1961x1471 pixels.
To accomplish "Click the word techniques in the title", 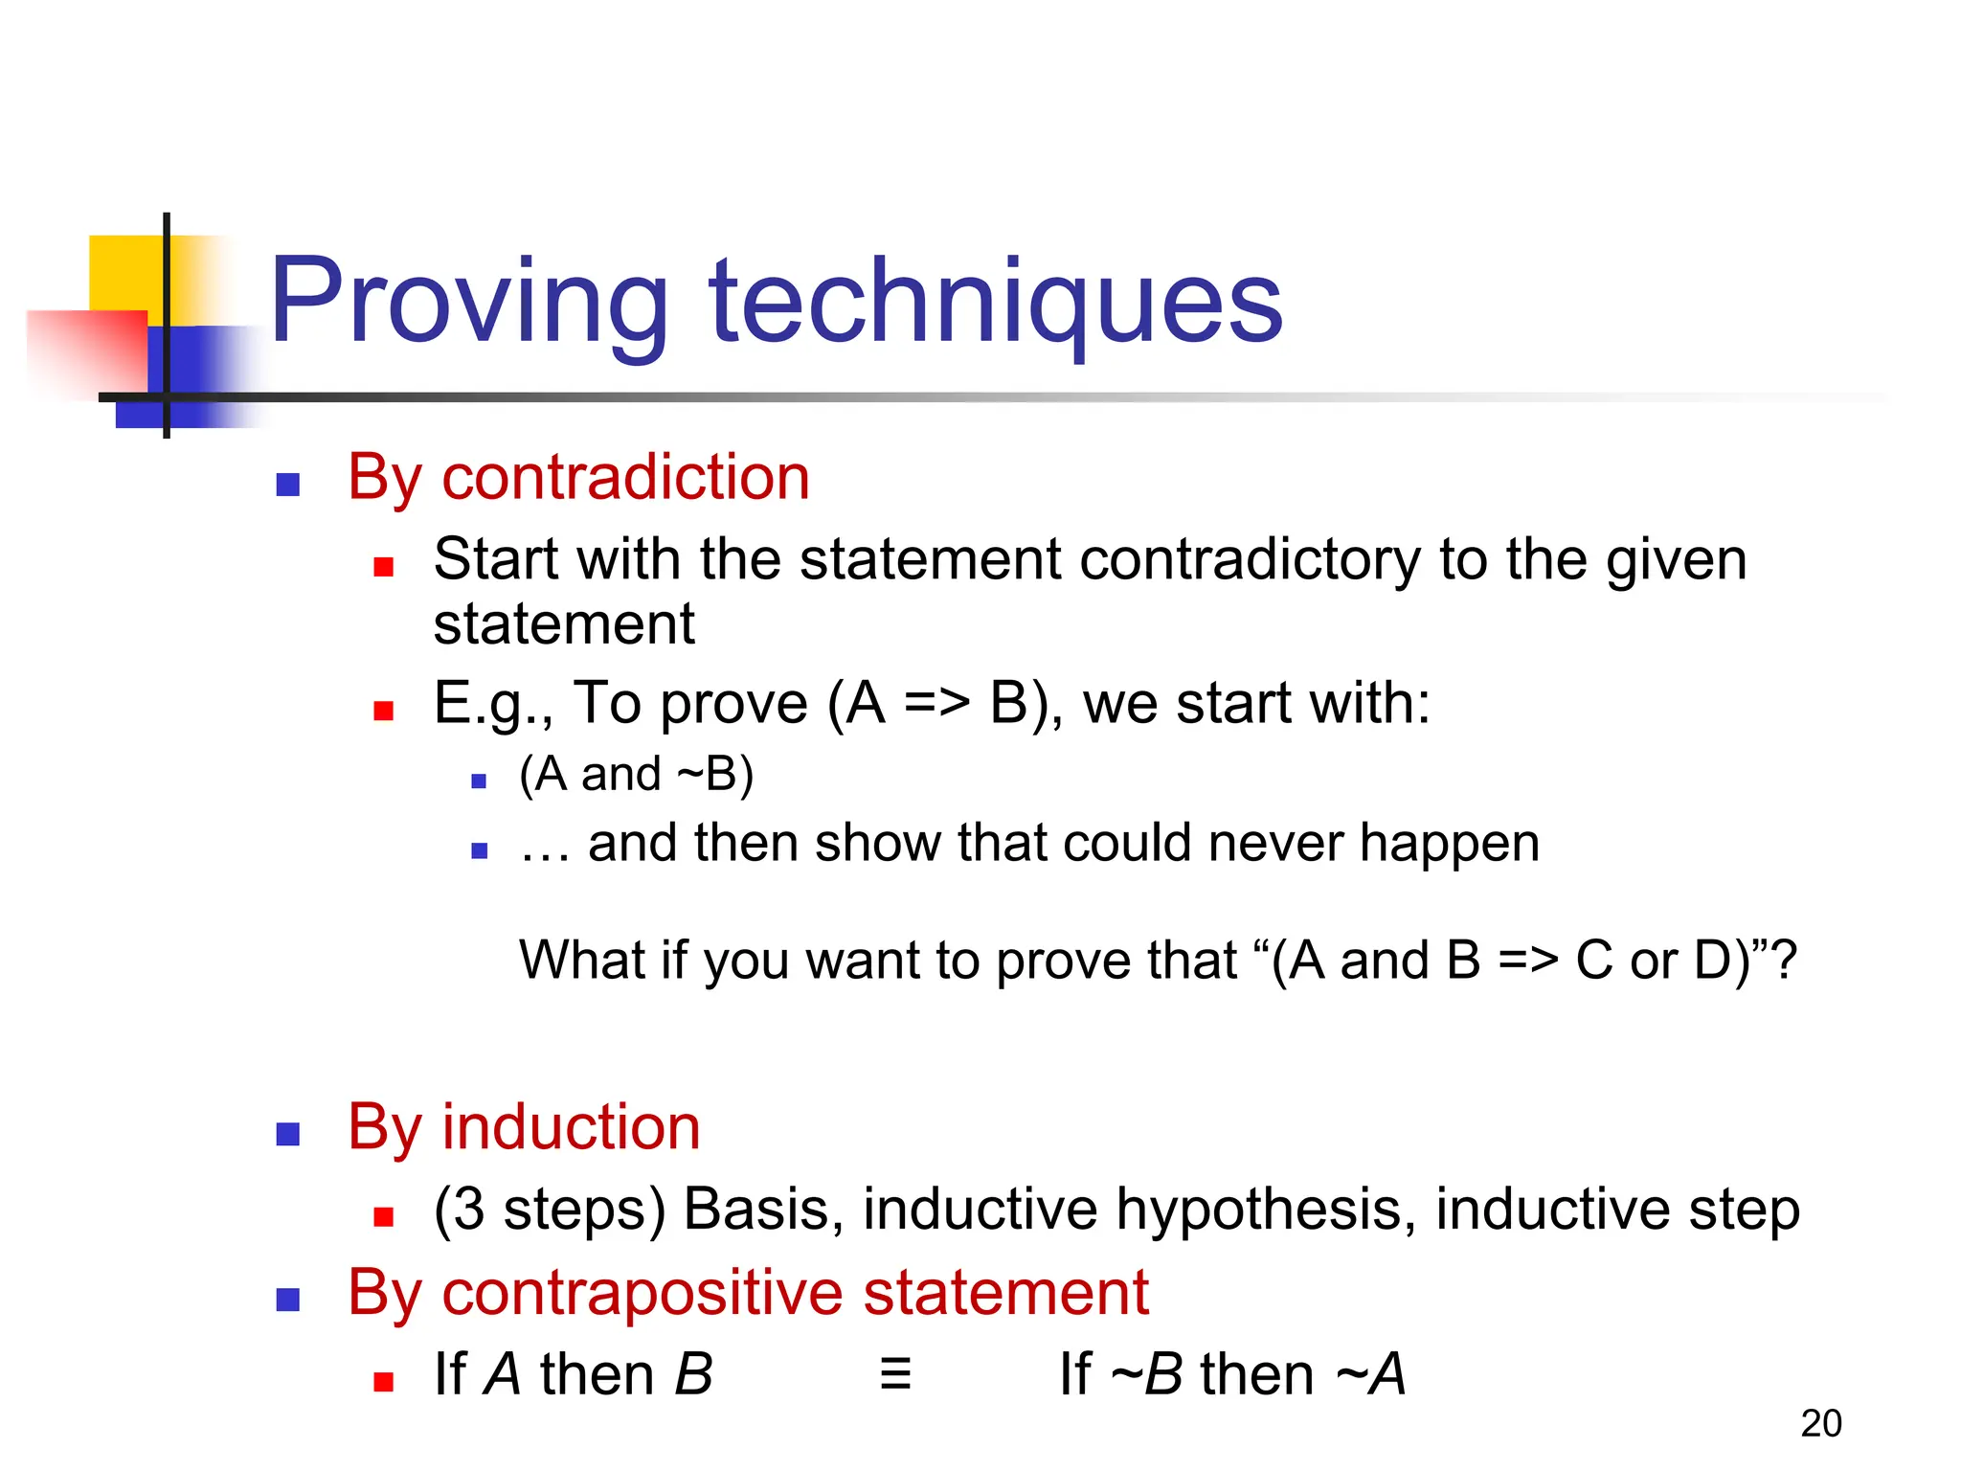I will [x=995, y=301].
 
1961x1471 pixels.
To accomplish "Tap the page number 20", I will [x=1820, y=1424].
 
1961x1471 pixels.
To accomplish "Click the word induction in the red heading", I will [x=571, y=1127].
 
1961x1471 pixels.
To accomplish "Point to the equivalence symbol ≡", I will [x=895, y=1374].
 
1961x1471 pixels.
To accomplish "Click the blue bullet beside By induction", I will [x=288, y=1135].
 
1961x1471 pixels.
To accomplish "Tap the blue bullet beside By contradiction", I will [x=288, y=485].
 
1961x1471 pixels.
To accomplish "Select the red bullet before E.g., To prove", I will [x=384, y=711].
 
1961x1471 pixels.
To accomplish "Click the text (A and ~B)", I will [x=636, y=774].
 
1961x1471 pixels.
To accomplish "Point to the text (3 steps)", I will [x=549, y=1210].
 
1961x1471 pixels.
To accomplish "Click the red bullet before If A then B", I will [x=384, y=1382].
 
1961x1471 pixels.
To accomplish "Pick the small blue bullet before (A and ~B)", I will [x=480, y=781].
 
